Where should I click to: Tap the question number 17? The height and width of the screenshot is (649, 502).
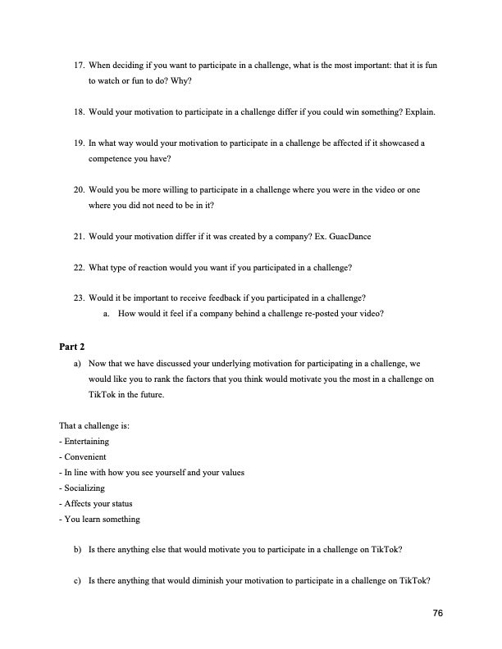(x=79, y=64)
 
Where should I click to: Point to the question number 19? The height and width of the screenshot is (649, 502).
(x=79, y=143)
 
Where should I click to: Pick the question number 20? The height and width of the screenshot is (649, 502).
(x=79, y=189)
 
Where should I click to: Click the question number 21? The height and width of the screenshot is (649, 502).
(x=79, y=237)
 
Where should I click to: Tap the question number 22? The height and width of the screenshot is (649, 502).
(x=79, y=268)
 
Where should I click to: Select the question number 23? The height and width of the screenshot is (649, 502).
(x=79, y=299)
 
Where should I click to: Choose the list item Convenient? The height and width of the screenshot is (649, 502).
(x=83, y=456)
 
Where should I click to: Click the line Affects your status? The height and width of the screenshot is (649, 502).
(x=96, y=503)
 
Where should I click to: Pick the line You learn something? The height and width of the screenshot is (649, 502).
(x=99, y=519)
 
